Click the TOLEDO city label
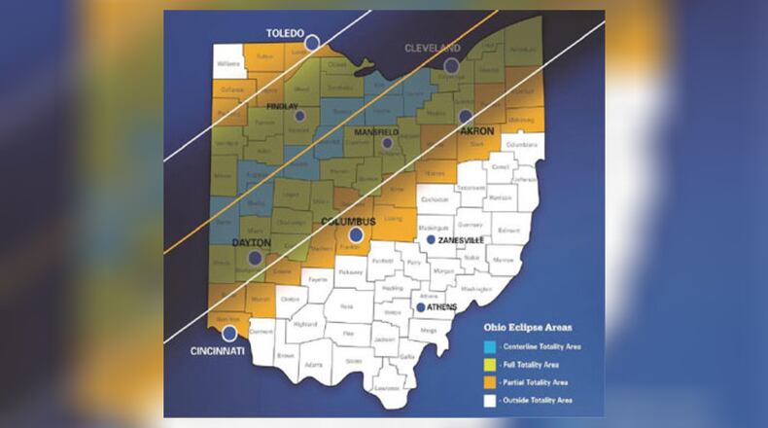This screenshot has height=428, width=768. [x=286, y=33]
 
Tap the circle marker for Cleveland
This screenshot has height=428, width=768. [x=451, y=66]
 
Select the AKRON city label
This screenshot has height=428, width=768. [x=477, y=130]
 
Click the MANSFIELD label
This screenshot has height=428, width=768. [x=374, y=131]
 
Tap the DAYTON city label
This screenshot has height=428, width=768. [x=250, y=242]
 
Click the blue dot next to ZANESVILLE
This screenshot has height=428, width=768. [x=431, y=239]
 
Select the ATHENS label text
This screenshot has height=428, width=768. [x=443, y=307]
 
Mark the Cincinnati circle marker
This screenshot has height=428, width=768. [x=228, y=334]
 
